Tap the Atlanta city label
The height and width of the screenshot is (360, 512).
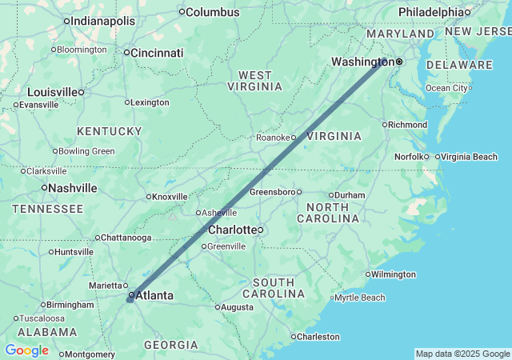click(154, 296)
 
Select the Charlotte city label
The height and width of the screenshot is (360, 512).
click(231, 230)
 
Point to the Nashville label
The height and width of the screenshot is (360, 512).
click(72, 188)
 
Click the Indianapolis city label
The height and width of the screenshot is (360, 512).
click(103, 21)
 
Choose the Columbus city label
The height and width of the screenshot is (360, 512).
click(213, 12)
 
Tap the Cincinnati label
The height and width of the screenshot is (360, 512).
click(158, 53)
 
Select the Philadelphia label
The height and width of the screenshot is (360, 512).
click(430, 12)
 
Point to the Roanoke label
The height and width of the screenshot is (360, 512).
click(273, 138)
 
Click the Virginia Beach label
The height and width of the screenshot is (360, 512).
click(469, 157)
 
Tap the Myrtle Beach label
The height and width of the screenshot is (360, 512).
click(359, 298)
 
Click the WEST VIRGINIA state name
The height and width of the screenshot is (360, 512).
click(255, 80)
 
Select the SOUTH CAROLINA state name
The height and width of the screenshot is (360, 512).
click(278, 288)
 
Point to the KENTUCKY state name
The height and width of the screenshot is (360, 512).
click(109, 130)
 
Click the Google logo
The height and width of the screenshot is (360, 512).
click(26, 350)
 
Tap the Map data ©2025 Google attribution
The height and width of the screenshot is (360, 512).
click(462, 354)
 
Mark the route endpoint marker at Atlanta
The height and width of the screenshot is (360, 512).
click(130, 298)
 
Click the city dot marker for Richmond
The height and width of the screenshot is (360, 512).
click(385, 125)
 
